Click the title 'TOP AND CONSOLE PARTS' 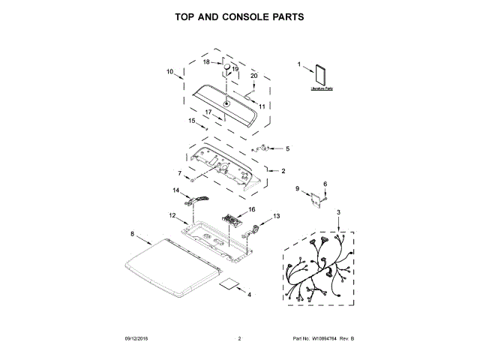[239, 16]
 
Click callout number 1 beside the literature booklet [299, 64]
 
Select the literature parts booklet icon [322, 76]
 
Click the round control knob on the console [223, 69]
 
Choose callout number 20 [253, 76]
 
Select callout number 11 [262, 106]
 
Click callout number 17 [209, 112]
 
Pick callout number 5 [286, 148]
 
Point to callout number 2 [283, 171]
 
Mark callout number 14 [177, 191]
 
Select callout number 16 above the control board [252, 209]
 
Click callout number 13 [276, 216]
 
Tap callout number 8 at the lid [133, 234]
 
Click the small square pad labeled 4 [228, 286]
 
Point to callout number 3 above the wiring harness [338, 213]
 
